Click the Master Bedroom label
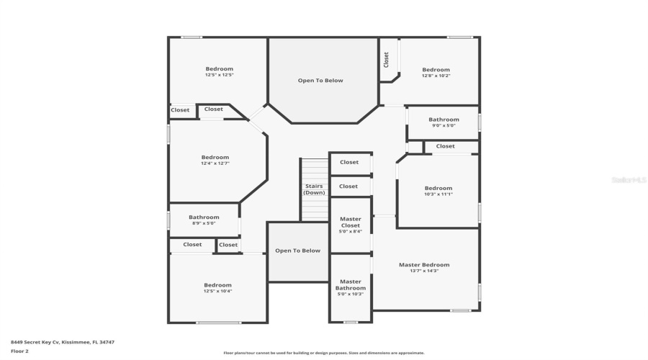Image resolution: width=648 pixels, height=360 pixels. [424, 264]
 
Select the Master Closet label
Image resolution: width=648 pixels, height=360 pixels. [351, 222]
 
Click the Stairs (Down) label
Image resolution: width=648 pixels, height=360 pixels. [314, 189]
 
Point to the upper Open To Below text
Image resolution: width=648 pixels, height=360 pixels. [320, 81]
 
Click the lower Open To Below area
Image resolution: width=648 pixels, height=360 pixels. [298, 251]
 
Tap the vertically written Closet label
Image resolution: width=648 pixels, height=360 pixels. [387, 59]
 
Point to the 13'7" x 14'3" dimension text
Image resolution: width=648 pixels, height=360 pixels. [424, 271]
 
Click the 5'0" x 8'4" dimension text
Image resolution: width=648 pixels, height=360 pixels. [351, 232]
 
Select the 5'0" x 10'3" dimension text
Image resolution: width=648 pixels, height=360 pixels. [350, 294]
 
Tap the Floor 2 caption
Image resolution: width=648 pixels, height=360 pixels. [19, 351]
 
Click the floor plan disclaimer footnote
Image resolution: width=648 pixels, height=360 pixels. [324, 353]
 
